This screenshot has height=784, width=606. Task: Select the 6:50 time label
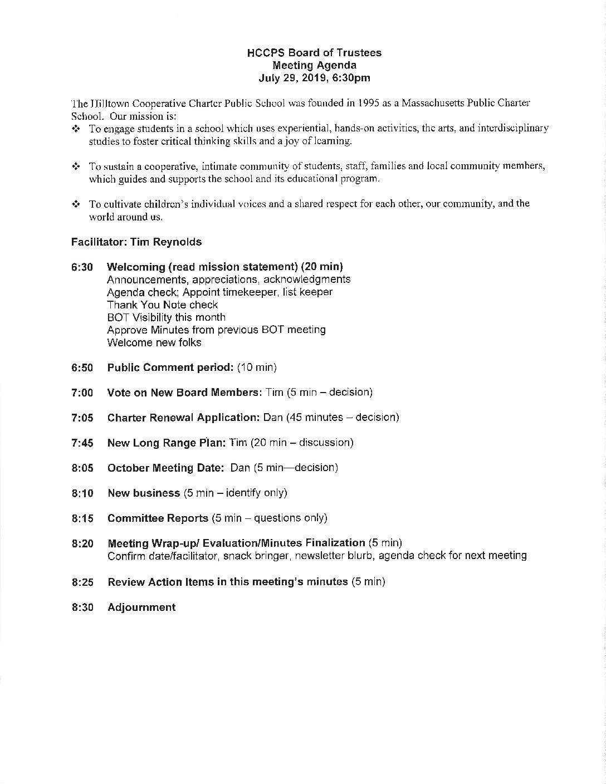tap(82, 368)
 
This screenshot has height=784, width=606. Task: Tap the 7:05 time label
tap(82, 418)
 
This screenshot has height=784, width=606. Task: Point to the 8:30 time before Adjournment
tap(82, 607)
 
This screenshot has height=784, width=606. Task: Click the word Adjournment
tap(141, 607)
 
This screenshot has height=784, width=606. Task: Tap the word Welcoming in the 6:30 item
tap(136, 267)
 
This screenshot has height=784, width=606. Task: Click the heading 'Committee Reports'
tap(158, 518)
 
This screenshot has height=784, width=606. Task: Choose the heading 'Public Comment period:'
tap(170, 367)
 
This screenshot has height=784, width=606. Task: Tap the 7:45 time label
tap(82, 443)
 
